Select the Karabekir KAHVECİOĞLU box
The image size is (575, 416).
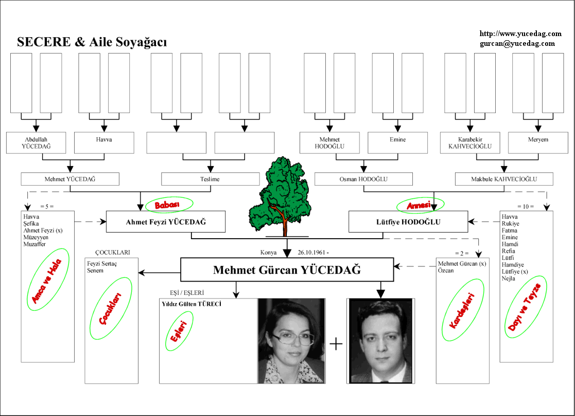point(469,143)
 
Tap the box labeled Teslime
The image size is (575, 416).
point(210,179)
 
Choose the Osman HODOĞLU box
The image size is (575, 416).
point(363,179)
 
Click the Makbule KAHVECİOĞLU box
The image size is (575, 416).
point(504,179)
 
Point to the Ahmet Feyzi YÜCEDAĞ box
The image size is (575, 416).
point(166,222)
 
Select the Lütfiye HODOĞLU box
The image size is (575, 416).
point(408,222)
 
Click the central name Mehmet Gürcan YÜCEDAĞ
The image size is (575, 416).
point(287,270)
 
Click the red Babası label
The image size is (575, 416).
point(169,205)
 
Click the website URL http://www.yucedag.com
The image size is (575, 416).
point(520,34)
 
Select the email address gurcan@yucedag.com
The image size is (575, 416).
point(517,44)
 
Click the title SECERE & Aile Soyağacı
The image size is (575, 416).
point(92,42)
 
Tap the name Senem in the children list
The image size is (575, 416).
point(95,271)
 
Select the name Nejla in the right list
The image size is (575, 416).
point(509,278)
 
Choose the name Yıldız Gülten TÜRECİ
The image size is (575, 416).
point(191,304)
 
